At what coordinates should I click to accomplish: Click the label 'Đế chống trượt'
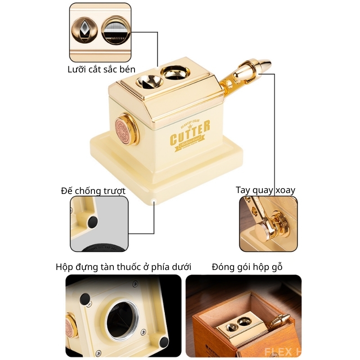[x=93, y=190]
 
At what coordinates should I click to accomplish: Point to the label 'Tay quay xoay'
[x=265, y=190]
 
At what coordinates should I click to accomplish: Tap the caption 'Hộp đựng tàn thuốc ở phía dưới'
[x=123, y=267]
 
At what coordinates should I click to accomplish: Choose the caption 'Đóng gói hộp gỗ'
[x=247, y=267]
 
